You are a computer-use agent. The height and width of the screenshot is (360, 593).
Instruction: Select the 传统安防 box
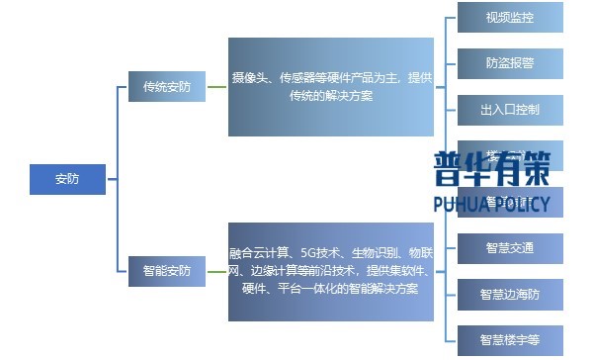tap(166, 86)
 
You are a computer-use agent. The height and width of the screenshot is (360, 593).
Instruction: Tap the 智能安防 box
tap(166, 270)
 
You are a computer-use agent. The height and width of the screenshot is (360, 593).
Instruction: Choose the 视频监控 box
tap(510, 19)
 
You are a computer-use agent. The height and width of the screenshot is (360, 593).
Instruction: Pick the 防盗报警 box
tap(510, 63)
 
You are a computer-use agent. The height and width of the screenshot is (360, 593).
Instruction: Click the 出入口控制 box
tap(510, 108)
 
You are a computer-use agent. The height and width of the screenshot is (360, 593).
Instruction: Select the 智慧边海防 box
tap(510, 295)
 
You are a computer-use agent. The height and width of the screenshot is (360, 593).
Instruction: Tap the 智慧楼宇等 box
tap(510, 339)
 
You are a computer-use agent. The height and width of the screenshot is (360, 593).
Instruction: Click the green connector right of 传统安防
tap(215, 86)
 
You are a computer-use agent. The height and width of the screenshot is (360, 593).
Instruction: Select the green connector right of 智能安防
tap(215, 270)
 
